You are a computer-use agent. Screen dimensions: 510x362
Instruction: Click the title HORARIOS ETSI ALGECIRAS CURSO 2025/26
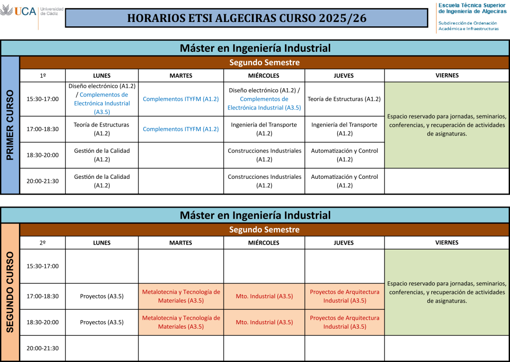[247, 18]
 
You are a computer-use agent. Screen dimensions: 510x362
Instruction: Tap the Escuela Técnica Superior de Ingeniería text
[472, 8]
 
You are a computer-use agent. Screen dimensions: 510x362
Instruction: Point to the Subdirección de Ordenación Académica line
[468, 26]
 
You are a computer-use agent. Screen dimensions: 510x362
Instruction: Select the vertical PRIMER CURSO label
[10, 125]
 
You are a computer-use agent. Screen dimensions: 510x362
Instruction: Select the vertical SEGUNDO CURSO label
[10, 292]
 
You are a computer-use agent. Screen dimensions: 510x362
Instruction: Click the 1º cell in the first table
[43, 76]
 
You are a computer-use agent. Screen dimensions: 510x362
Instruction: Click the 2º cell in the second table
[43, 242]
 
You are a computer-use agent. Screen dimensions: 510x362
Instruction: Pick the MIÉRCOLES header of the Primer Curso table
[264, 76]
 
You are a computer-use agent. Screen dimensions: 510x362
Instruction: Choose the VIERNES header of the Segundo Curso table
[447, 242]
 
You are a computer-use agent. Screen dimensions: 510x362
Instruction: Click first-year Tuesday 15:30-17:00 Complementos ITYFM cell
[181, 99]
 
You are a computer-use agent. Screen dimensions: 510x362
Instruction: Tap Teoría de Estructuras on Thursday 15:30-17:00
[344, 99]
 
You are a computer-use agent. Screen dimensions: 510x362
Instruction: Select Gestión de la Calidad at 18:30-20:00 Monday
[102, 155]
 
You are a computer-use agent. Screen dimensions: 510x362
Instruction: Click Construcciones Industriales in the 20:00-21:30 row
[264, 181]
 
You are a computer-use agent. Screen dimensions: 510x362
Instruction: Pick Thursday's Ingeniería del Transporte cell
[344, 129]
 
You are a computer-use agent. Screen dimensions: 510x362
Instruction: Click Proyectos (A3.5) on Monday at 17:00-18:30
[102, 296]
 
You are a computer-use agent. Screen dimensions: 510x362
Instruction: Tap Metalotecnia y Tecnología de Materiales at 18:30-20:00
[181, 322]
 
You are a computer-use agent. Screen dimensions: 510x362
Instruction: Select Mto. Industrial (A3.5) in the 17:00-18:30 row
[264, 296]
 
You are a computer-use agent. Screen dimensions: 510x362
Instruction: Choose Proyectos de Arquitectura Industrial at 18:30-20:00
[345, 322]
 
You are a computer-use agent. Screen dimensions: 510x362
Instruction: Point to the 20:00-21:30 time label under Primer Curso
[43, 181]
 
